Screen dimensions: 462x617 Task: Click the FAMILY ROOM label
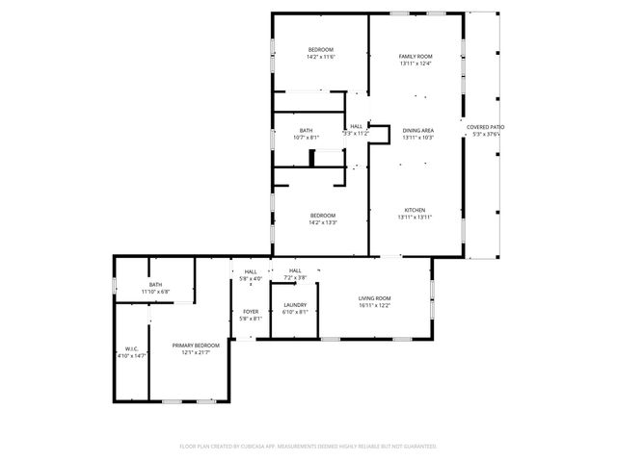click(x=416, y=57)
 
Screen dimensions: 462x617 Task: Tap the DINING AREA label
click(x=417, y=130)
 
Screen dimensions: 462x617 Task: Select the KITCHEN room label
click(x=415, y=210)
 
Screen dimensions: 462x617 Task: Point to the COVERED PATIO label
click(x=486, y=127)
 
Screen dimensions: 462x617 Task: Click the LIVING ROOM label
click(x=374, y=298)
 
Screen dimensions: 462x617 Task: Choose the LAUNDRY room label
click(x=295, y=305)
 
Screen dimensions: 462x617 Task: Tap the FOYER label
click(x=251, y=311)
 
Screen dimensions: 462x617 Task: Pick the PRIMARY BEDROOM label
click(x=196, y=346)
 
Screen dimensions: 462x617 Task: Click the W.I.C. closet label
click(x=132, y=349)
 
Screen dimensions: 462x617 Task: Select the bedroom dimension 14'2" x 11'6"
click(x=321, y=57)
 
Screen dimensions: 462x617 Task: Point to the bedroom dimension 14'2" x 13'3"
click(x=322, y=222)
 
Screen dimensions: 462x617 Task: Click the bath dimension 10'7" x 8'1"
click(x=306, y=138)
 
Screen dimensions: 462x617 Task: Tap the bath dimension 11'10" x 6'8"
click(x=155, y=292)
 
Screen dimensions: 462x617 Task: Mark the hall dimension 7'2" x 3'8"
click(x=295, y=278)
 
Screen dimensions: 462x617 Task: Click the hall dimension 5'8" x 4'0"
click(x=251, y=279)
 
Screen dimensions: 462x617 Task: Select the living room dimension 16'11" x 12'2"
click(x=374, y=306)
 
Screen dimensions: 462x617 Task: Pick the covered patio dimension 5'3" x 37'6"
click(x=486, y=135)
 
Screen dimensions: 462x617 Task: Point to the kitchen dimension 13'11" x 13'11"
click(x=415, y=218)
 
